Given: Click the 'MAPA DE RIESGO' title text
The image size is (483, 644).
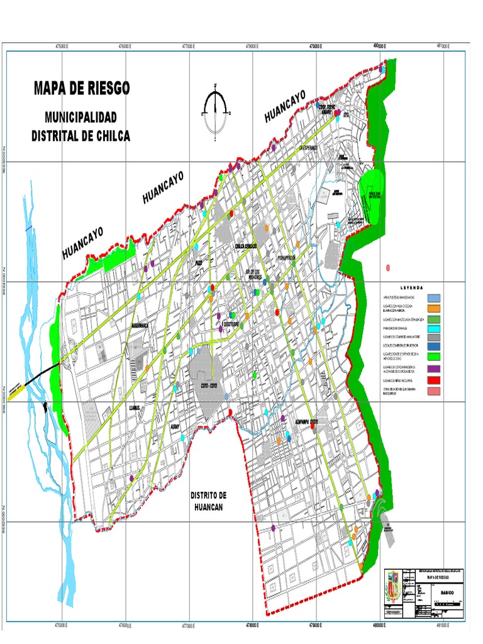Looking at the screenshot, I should (x=82, y=89).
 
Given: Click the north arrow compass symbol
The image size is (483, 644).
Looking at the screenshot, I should (x=216, y=112).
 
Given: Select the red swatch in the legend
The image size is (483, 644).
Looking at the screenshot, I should (x=434, y=380).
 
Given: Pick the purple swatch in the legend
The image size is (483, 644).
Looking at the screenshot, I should (x=434, y=369).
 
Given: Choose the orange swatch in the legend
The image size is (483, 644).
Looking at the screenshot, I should (x=434, y=308).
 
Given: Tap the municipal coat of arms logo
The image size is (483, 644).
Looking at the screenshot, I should (x=392, y=589).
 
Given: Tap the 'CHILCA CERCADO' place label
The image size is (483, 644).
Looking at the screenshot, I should (x=247, y=246).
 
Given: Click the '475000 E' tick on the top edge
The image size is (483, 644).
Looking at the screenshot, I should (x=62, y=47).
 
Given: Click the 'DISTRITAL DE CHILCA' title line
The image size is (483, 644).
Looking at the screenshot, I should (x=80, y=136).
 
